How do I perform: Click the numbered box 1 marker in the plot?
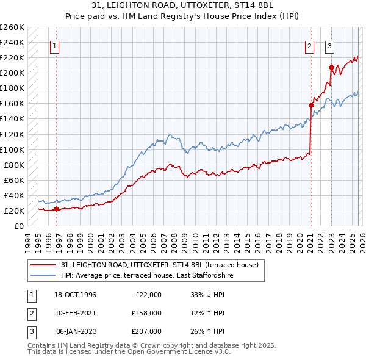55,45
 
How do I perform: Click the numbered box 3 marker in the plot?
330,45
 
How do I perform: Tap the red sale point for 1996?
57,209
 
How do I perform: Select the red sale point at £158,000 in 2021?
311,105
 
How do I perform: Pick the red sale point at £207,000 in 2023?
331,67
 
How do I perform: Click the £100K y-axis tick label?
12,149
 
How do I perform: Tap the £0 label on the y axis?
18,226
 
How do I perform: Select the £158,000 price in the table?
146,313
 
